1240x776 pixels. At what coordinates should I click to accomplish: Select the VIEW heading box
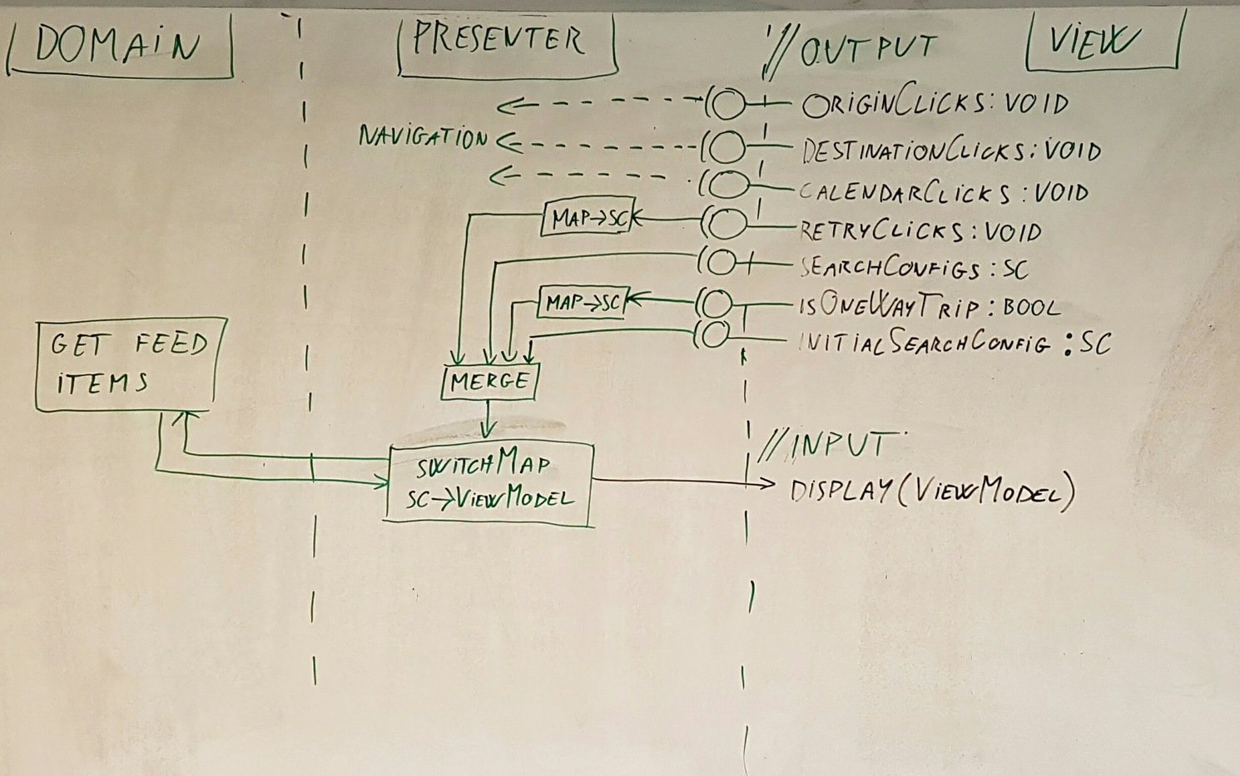tap(1102, 42)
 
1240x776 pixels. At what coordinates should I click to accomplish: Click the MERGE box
tap(489, 382)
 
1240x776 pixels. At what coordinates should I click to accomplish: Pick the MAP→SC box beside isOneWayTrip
tap(583, 303)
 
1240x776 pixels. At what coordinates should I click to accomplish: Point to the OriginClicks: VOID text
tap(935, 104)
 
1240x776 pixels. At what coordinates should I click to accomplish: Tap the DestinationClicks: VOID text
tap(950, 151)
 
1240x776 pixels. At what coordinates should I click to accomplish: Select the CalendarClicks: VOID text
tap(943, 192)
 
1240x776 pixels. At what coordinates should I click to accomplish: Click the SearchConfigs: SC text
tap(914, 268)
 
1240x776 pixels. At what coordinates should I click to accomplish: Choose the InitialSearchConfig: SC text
tap(954, 343)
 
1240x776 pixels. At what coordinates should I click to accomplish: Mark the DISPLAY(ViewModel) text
tap(931, 491)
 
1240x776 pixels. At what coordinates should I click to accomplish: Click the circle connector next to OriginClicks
tap(729, 105)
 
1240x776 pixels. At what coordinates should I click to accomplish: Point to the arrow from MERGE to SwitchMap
tap(489, 420)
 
